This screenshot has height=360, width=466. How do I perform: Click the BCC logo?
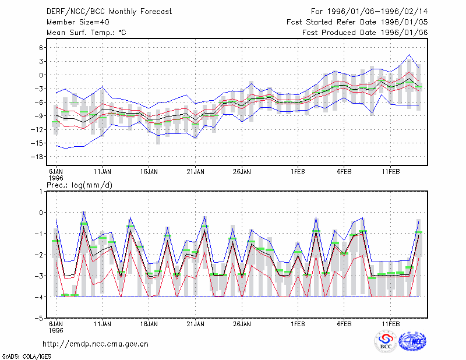pyautogui.click(x=386, y=341)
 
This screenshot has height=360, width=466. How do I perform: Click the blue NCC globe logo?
pyautogui.click(x=412, y=341)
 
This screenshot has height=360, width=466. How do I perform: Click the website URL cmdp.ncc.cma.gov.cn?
pyautogui.click(x=96, y=344)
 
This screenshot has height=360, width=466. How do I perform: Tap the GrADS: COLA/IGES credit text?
pyautogui.click(x=26, y=357)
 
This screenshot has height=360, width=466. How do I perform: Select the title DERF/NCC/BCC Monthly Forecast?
pyautogui.click(x=109, y=12)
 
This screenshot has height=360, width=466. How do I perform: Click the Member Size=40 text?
pyautogui.click(x=78, y=22)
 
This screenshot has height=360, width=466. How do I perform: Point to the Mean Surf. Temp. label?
pyautogui.click(x=86, y=33)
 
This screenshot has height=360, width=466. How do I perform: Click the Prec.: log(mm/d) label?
pyautogui.click(x=79, y=185)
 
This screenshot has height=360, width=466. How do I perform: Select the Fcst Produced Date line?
pyautogui.click(x=365, y=33)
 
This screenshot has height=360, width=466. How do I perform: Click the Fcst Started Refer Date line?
pyautogui.click(x=357, y=22)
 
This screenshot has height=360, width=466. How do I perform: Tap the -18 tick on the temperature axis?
pyautogui.click(x=37, y=157)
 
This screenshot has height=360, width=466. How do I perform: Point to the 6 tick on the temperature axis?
pyautogui.click(x=41, y=48)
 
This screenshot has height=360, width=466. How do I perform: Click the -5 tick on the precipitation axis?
pyautogui.click(x=38, y=318)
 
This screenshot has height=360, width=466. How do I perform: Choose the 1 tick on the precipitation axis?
pyautogui.click(x=41, y=192)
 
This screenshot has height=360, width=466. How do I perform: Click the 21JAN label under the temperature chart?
pyautogui.click(x=195, y=172)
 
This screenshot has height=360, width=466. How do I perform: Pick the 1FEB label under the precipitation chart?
pyautogui.click(x=298, y=324)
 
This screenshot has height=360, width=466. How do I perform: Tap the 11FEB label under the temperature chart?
pyautogui.click(x=390, y=172)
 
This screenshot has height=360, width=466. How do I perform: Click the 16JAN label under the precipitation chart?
pyautogui.click(x=149, y=324)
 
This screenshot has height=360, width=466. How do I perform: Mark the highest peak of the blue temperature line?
pyautogui.click(x=409, y=55)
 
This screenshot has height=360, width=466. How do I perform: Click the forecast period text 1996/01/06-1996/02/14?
pyautogui.click(x=377, y=12)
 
